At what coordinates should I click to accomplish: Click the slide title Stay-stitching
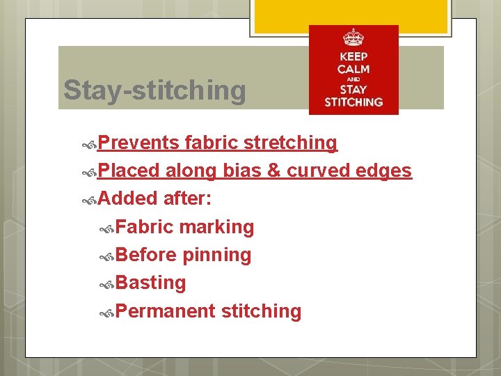(x=154, y=91)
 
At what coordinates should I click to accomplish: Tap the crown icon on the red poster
(x=353, y=37)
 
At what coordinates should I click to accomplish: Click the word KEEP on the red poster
(x=353, y=56)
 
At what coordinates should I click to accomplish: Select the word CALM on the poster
(x=353, y=69)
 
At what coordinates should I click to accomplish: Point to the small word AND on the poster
(x=353, y=79)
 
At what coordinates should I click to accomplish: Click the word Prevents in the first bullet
(x=138, y=143)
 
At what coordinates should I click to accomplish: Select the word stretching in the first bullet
(x=290, y=143)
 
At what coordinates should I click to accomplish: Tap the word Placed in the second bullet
(x=129, y=171)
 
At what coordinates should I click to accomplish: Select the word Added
(x=128, y=198)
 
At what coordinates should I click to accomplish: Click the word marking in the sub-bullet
(x=216, y=227)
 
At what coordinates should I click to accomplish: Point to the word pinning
(x=216, y=256)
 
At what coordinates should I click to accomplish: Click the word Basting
(x=151, y=283)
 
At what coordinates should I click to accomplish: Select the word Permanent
(x=165, y=311)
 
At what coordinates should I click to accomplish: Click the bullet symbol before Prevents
(x=89, y=143)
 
